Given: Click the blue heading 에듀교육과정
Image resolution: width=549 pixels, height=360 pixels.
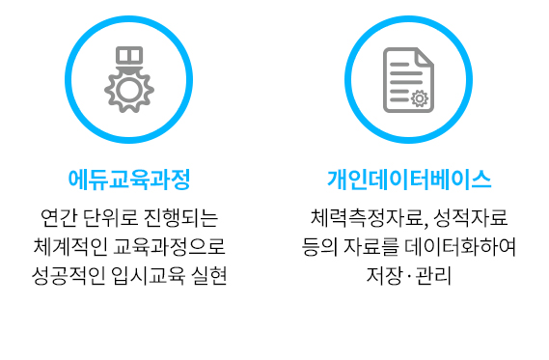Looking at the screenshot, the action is [x=129, y=180].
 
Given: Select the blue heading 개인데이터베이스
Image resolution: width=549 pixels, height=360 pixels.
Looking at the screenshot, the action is [x=409, y=180].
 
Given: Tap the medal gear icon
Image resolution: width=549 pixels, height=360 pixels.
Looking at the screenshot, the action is [x=129, y=79].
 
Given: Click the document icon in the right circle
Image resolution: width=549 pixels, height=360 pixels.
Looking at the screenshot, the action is [x=408, y=80].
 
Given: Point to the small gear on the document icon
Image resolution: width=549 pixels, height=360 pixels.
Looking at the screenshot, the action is [x=420, y=98].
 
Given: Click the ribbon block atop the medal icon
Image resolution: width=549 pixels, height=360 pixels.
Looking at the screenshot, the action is [x=129, y=55].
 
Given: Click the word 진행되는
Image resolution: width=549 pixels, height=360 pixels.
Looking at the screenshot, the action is [x=181, y=218].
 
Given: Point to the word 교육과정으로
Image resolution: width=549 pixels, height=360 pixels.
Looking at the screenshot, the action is [x=169, y=247].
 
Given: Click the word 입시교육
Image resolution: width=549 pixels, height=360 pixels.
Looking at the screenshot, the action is [x=149, y=276].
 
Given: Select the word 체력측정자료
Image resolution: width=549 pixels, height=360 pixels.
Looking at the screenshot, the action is [x=370, y=218].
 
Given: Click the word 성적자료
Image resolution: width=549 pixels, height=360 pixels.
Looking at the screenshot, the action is [x=471, y=218].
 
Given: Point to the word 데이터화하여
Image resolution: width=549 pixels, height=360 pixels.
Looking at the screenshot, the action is [x=460, y=247].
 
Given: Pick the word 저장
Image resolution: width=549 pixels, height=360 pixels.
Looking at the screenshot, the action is [x=384, y=276].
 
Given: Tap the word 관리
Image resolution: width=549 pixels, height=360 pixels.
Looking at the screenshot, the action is [x=433, y=276].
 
